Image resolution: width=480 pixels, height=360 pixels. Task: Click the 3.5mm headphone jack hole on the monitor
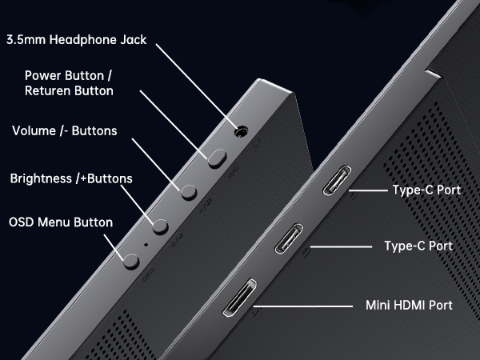tap(239, 132)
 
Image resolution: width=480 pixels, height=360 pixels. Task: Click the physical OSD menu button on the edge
tap(131, 258)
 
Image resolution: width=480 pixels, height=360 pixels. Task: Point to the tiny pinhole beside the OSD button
tap(146, 244)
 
